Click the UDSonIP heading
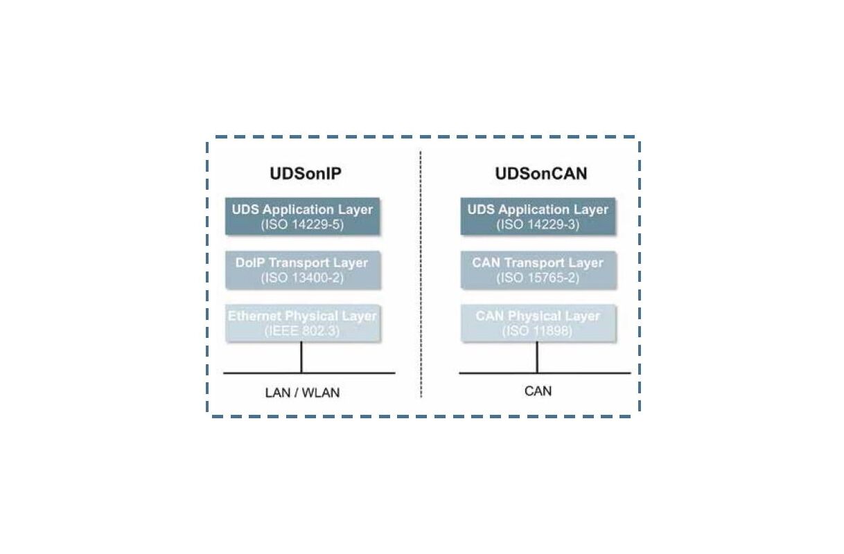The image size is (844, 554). click(306, 173)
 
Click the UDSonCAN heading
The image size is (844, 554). click(540, 173)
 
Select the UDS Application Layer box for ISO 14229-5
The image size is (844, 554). click(302, 216)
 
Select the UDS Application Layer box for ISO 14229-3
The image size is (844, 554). click(538, 216)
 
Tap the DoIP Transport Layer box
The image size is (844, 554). click(302, 270)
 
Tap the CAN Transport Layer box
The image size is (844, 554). click(538, 270)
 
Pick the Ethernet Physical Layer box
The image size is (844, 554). click(302, 323)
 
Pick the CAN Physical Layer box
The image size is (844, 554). click(538, 323)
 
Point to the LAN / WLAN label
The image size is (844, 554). click(302, 393)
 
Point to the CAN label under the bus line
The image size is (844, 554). click(538, 391)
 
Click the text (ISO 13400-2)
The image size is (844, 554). click(302, 278)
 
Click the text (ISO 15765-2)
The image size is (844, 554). click(538, 278)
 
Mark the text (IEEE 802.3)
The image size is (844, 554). click(302, 331)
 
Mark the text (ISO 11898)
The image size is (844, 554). click(538, 331)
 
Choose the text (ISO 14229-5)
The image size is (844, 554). click(302, 225)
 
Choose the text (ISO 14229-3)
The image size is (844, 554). click(538, 225)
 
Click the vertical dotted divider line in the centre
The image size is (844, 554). click(421, 277)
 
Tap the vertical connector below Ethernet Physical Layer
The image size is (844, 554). click(301, 357)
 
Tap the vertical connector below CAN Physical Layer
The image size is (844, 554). click(537, 357)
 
